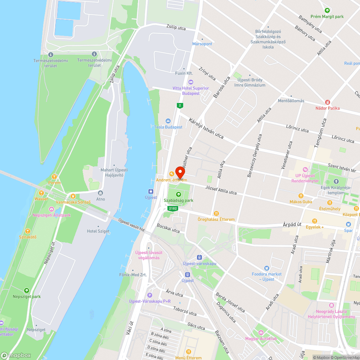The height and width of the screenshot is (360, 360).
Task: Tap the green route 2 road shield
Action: click(x=180, y=105)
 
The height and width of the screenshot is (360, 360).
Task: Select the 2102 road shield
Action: click(x=172, y=208)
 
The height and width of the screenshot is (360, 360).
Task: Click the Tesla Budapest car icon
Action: click(x=168, y=121)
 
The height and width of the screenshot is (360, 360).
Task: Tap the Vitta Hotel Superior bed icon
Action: click(x=191, y=82)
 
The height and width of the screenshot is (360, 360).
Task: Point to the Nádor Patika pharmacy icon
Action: click(x=327, y=102)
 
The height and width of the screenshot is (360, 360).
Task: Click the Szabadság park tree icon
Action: click(x=178, y=194)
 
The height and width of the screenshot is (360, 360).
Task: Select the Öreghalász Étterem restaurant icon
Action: click(x=216, y=213)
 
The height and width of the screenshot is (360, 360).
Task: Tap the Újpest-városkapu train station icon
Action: click(x=199, y=257)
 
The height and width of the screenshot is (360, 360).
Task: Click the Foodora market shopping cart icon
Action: click(x=266, y=268)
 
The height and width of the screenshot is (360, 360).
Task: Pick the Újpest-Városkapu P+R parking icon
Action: click(x=150, y=295)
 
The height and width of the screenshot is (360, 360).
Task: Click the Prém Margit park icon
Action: click(x=327, y=10)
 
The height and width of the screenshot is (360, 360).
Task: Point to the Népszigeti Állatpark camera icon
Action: click(x=51, y=209)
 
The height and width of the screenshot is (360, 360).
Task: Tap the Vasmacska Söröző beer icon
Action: click(x=73, y=196)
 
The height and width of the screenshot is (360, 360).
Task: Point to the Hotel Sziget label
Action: click(x=98, y=231)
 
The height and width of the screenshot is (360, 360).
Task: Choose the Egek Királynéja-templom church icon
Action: click(x=336, y=181)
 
